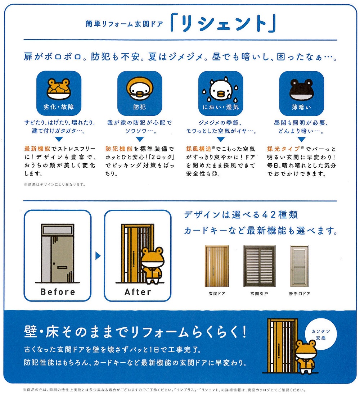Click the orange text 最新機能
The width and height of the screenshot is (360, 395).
37,149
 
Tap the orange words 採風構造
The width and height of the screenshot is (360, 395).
199,149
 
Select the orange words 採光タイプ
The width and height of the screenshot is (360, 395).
283,149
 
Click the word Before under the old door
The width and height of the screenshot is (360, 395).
58,292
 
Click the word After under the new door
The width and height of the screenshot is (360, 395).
138,292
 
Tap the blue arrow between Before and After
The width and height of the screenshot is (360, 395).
98,256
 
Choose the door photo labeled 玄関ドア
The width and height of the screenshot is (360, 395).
217,266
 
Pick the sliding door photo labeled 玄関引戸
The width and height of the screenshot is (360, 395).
260,266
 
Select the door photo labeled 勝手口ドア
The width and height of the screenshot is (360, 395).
299,266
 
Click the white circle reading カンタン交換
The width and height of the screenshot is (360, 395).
321,334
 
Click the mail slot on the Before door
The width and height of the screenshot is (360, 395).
62,268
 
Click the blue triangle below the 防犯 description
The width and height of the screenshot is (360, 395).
140,139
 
